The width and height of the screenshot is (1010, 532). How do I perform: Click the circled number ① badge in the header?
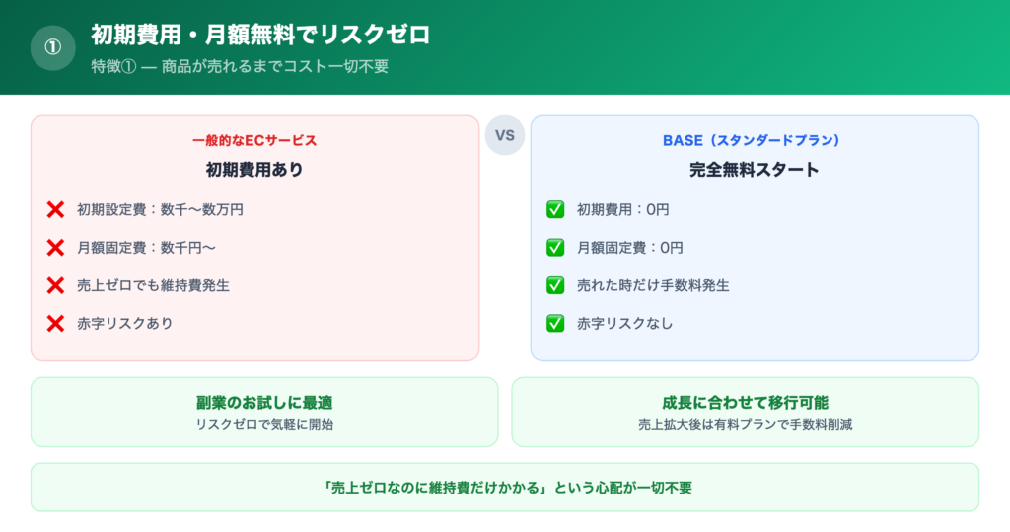coord(53,47)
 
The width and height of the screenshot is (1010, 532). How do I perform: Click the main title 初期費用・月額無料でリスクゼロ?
coord(259,35)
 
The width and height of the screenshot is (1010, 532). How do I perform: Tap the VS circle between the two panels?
coord(505,135)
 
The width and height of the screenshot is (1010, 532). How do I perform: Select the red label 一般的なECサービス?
coord(254,140)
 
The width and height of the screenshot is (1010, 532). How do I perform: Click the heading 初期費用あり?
coord(254,169)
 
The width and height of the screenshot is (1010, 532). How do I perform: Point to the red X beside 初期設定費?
coord(55,209)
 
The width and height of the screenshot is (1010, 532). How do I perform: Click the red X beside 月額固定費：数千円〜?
coord(55,248)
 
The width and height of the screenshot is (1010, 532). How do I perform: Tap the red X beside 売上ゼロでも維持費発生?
coord(55,285)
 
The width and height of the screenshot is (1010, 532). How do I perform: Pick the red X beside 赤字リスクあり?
coord(55,323)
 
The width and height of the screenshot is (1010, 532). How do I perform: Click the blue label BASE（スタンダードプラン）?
coord(755,140)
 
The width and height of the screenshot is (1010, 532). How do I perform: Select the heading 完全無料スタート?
coord(755,169)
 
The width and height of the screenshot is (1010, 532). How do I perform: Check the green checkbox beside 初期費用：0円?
coord(555,209)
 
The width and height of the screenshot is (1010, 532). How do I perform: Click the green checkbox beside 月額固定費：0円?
coord(555,248)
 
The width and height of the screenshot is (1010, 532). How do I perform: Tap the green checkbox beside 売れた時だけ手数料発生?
coord(555,285)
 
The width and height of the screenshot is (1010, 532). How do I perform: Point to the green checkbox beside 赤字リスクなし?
coord(555,323)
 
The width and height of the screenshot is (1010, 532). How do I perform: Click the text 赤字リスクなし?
coord(624,323)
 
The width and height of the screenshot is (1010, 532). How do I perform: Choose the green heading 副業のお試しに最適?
coord(264,403)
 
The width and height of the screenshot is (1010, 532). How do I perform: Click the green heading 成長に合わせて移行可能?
coord(745,403)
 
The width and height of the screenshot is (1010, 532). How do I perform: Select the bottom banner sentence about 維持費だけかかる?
coord(505,488)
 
